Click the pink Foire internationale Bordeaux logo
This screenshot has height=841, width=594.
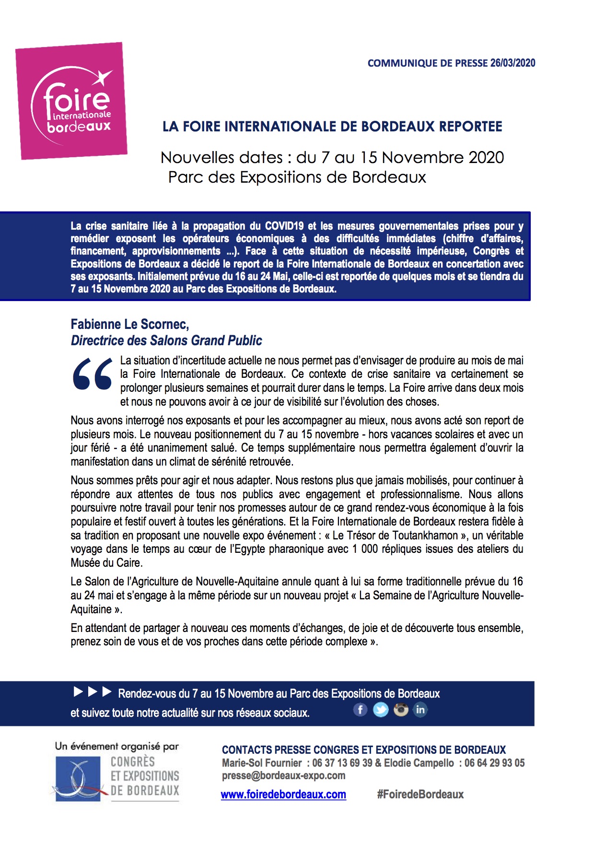(x=72, y=101)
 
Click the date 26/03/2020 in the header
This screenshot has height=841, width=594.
(x=512, y=63)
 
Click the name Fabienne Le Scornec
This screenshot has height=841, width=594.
(x=129, y=324)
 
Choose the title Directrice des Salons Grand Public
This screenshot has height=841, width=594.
(x=166, y=340)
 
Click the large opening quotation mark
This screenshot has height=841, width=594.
(x=92, y=374)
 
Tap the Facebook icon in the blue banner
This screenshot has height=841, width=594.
(x=361, y=710)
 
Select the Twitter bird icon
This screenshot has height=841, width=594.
(x=381, y=710)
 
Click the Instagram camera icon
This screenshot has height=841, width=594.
(x=401, y=710)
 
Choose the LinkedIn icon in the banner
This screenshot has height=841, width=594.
(x=420, y=710)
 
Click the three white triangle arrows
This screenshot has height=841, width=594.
(x=93, y=692)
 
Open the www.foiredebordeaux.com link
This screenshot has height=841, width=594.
(x=283, y=794)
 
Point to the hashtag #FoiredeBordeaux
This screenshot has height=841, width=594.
(x=420, y=794)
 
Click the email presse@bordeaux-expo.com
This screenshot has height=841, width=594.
(x=283, y=776)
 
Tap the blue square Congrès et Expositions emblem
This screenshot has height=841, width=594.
(x=78, y=778)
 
